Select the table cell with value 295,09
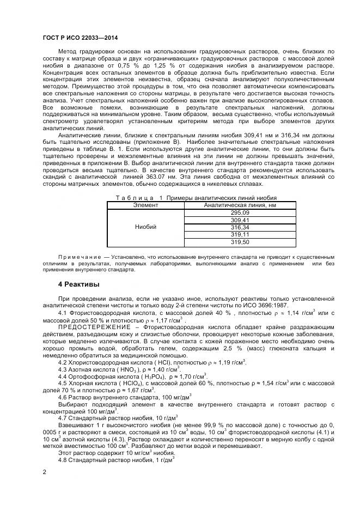click(240, 212)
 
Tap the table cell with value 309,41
click(240, 220)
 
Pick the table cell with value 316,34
click(240, 227)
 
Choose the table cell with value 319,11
click(240, 234)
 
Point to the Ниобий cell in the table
click(146, 227)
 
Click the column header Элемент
click(146, 205)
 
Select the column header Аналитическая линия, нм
click(240, 205)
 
